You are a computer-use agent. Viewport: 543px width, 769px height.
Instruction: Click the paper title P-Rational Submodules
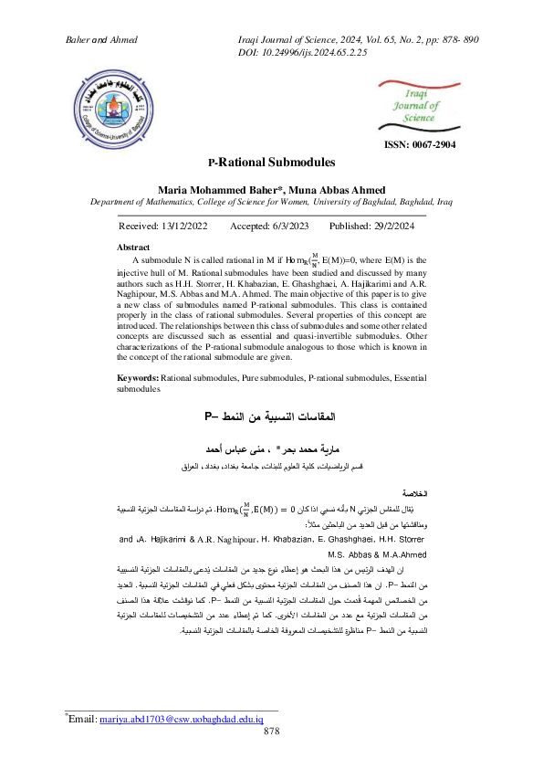coord(271,163)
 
